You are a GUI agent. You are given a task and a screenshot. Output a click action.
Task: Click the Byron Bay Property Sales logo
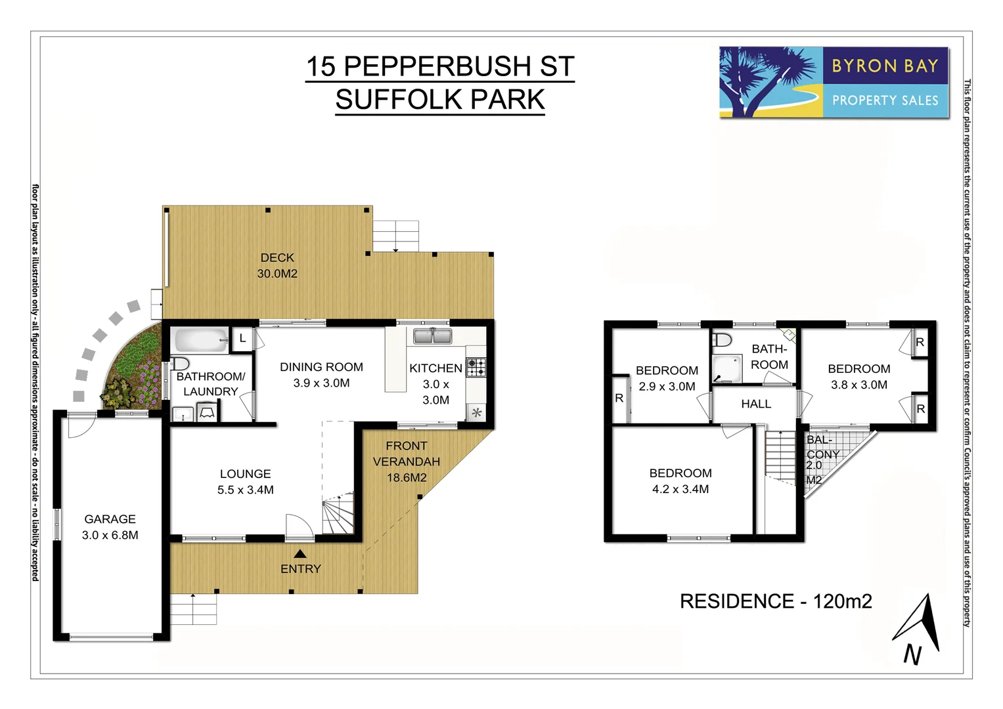[834, 83]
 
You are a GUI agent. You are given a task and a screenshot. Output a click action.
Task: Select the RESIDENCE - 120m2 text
[775, 601]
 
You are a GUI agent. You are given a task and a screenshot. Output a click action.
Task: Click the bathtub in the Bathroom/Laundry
[200, 341]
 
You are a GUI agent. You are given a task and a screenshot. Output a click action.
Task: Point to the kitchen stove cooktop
[476, 367]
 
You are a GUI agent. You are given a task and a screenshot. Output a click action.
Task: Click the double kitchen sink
[432, 337]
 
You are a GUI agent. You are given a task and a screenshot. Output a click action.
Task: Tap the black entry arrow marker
[300, 553]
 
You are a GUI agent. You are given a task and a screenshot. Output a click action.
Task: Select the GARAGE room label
[110, 519]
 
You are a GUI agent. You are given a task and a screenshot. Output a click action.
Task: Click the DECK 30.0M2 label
[277, 266]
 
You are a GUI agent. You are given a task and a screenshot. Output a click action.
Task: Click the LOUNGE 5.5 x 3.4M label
[245, 482]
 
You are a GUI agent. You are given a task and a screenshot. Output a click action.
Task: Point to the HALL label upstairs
[756, 404]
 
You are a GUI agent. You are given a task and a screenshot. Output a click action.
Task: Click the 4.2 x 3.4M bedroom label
[680, 481]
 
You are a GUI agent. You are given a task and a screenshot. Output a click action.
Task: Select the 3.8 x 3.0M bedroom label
[858, 377]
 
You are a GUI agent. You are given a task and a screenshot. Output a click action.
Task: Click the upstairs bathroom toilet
[722, 339]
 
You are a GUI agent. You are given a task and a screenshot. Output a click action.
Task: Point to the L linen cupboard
[242, 339]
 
